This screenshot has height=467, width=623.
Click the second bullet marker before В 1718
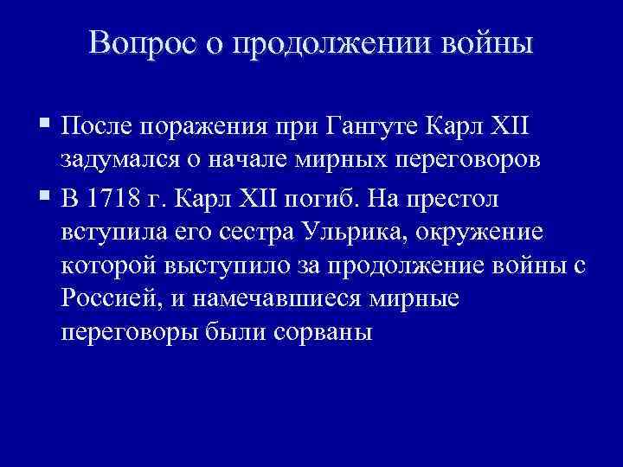pyautogui.click(x=45, y=199)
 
